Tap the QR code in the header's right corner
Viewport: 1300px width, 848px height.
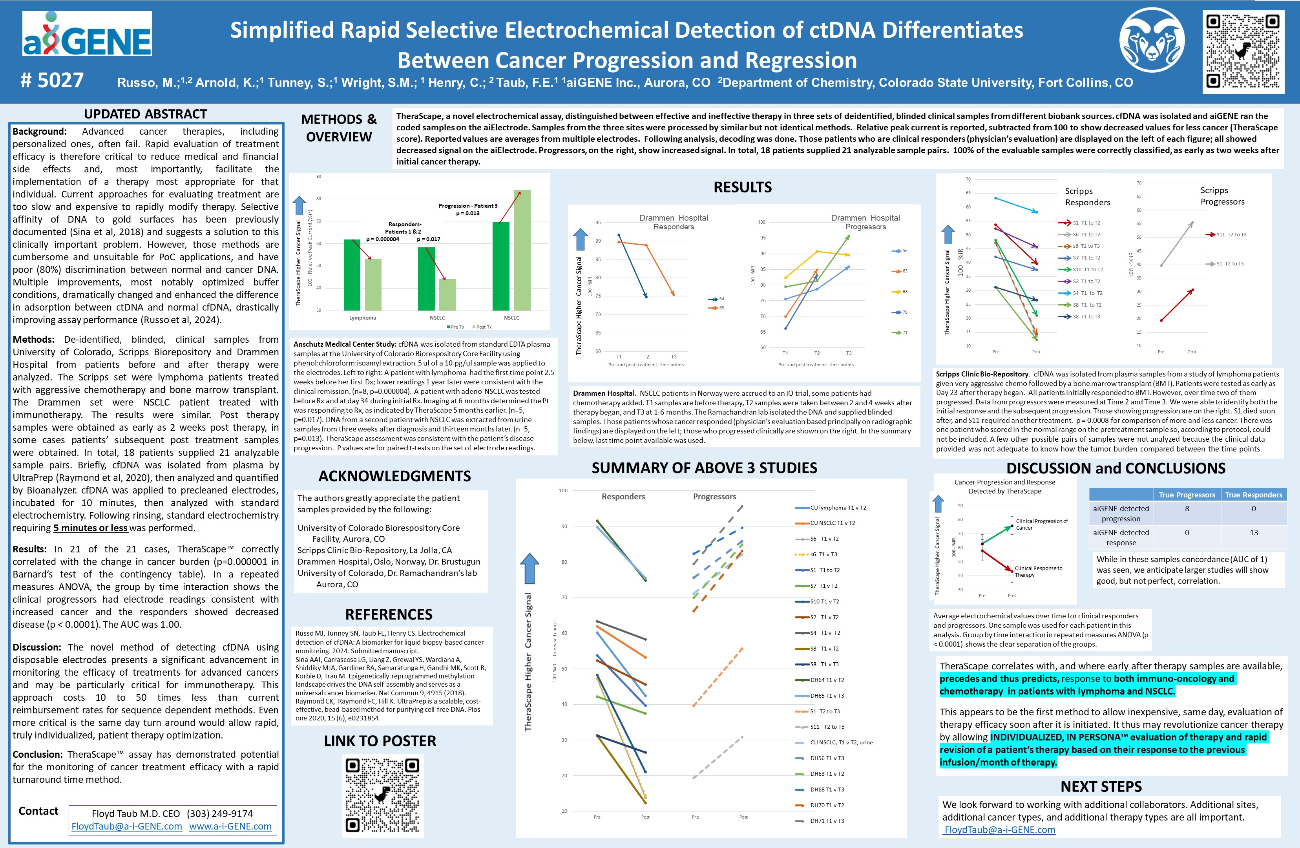[x=1243, y=51]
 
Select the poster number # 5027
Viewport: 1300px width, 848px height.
[x=52, y=81]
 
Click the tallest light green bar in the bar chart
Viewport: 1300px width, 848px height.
[x=522, y=250]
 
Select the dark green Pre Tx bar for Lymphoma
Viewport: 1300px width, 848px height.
[x=352, y=274]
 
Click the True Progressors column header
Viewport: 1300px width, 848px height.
[x=1187, y=495]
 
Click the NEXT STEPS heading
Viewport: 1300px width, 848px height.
[x=1101, y=786]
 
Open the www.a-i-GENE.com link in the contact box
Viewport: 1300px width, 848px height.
[x=230, y=826]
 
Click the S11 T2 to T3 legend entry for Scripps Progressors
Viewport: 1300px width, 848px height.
[x=1231, y=234]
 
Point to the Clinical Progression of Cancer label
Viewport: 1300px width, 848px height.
[x=1041, y=524]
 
